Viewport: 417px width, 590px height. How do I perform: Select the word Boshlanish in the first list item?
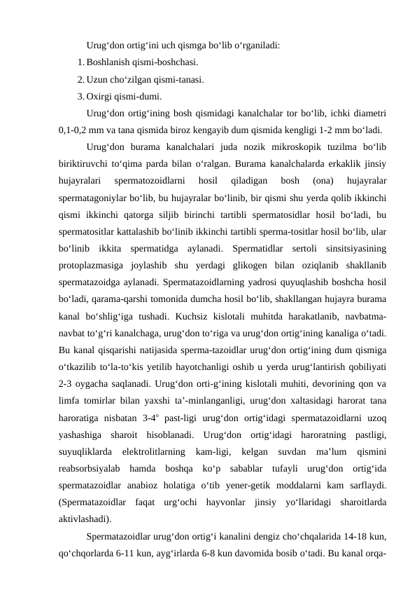109,62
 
